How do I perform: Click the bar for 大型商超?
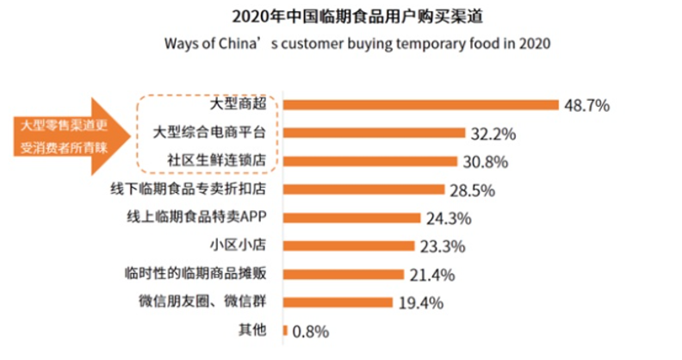(x=421, y=105)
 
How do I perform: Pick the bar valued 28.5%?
(x=363, y=189)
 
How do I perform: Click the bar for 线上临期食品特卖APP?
(x=351, y=218)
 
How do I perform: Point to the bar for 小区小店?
(x=349, y=245)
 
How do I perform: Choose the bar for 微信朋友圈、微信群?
(x=338, y=302)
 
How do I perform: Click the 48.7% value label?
(x=586, y=106)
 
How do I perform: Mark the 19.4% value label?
(x=421, y=303)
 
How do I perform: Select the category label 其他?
(x=252, y=330)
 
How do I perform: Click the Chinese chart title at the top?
(x=341, y=16)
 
